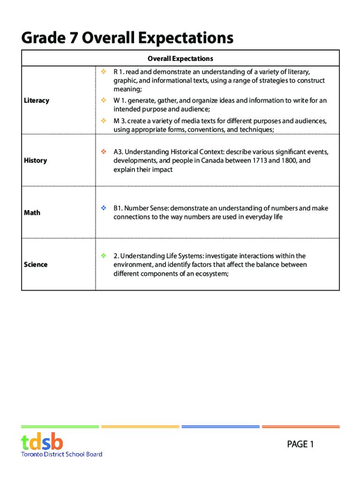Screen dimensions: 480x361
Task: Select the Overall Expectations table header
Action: pos(180,59)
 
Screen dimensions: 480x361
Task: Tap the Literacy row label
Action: pos(36,100)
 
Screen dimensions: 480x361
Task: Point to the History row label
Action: pos(35,160)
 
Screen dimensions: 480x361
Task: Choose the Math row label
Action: pos(32,212)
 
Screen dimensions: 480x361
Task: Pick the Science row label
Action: pos(36,264)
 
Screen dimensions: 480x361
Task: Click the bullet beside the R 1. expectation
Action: pos(103,72)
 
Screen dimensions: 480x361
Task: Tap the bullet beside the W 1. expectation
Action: pos(103,100)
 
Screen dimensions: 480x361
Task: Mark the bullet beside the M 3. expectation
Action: pos(103,121)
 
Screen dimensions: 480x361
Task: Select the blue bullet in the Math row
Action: pos(103,208)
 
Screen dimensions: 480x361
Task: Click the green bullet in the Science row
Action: pos(103,255)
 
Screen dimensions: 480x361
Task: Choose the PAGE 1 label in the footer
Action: pos(301,444)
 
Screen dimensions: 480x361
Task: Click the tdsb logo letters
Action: pos(42,442)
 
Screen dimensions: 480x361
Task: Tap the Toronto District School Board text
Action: pos(61,454)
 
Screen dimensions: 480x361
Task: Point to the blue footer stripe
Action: pos(220,427)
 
